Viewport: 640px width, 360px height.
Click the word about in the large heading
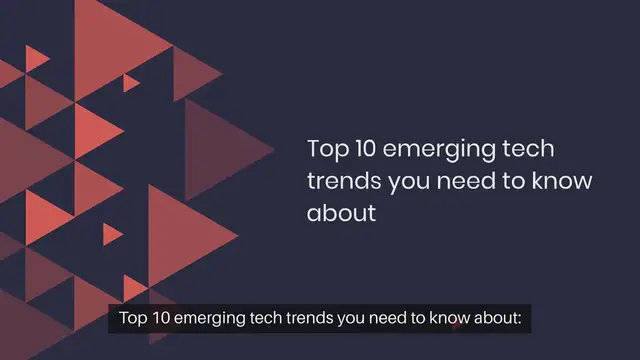[x=340, y=213]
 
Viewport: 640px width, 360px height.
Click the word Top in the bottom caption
[x=133, y=320]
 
